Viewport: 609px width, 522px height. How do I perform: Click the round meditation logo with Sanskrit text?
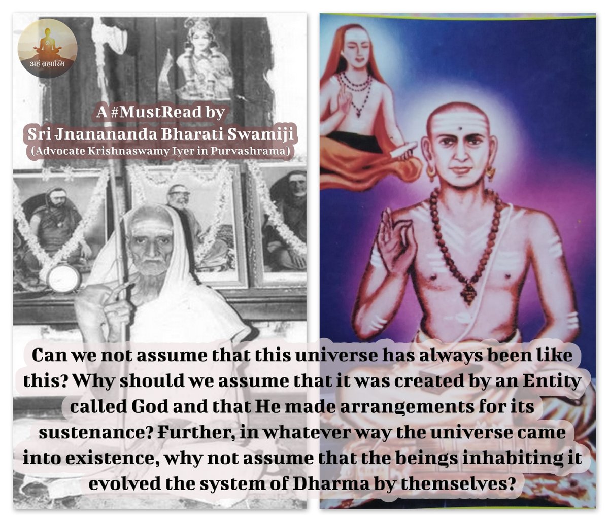tap(47, 48)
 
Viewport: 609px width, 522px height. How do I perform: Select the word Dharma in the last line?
tap(331, 484)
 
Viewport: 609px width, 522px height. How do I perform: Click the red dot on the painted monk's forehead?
tap(459, 129)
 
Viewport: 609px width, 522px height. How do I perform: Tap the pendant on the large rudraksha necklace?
tap(467, 291)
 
